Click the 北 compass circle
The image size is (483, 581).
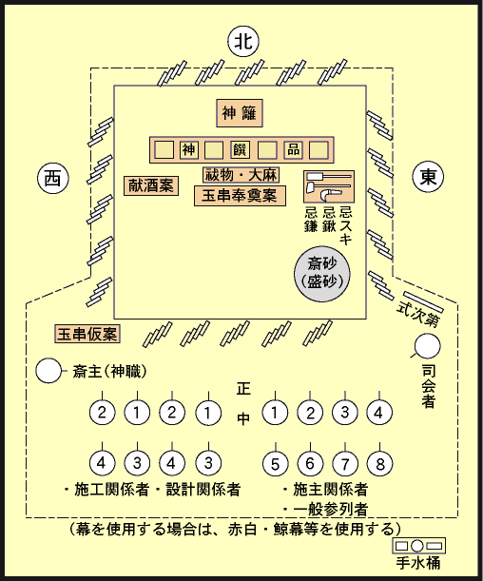point(243,41)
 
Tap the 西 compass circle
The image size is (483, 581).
point(53,179)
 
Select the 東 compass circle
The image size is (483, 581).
point(428,177)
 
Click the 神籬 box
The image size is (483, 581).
point(240,113)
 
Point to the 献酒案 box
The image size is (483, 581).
point(151,185)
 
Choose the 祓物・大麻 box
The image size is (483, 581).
point(241,175)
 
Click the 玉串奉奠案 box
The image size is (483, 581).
point(240,196)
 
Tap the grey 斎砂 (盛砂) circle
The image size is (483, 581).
point(322,274)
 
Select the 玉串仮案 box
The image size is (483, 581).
point(87,334)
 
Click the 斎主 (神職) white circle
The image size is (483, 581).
point(48,371)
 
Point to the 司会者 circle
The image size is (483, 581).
point(428,346)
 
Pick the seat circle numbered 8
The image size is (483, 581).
point(379,463)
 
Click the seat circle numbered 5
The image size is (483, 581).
point(275,463)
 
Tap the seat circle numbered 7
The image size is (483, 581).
point(345,463)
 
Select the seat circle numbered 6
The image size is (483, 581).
point(310,463)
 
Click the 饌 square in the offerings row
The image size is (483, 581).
point(240,149)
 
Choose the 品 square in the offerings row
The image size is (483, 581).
point(294,149)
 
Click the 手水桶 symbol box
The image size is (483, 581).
point(418,546)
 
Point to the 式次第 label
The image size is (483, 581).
point(417,316)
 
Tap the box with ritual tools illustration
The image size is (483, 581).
point(329,186)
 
